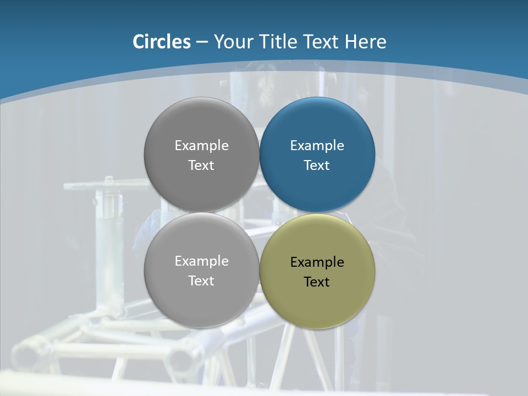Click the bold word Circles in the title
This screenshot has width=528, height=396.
162,42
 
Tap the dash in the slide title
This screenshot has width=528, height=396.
202,42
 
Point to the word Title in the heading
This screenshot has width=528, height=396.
278,42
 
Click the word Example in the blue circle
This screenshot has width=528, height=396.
317,146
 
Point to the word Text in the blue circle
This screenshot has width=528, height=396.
317,166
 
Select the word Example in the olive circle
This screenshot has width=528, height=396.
317,262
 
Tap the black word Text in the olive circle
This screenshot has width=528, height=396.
317,282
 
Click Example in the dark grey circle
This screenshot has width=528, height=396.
201,146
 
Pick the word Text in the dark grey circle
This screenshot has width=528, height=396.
201,166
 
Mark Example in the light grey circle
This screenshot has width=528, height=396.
201,261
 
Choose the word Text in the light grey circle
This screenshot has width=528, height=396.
201,281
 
